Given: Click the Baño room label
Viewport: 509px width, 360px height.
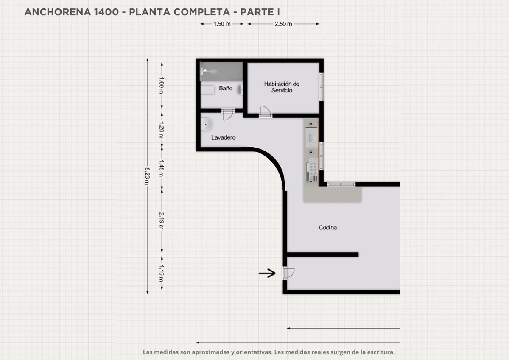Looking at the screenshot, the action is pos(226,88).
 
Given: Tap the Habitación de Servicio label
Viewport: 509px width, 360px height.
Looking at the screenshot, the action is pos(282,87).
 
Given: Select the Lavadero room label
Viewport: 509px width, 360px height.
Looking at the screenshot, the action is pos(223,137).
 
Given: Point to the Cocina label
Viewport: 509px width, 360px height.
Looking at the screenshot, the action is pos(327,227).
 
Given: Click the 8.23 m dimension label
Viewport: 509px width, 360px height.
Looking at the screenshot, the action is pos(148,176).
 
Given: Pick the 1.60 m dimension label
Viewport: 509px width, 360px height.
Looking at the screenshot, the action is pos(162,85).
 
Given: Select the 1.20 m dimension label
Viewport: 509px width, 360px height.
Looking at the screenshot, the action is pos(162,130).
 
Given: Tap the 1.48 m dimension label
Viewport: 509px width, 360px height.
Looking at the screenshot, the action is pos(162,168).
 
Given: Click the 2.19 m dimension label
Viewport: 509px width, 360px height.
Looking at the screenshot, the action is pos(162,221).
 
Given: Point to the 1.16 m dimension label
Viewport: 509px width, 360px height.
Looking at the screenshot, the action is pos(162,273).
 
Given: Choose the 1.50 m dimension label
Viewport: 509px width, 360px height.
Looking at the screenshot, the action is pos(222,24).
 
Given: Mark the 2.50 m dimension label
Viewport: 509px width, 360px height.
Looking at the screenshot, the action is pos(283,24).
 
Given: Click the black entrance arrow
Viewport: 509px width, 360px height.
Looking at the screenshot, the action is pos(267,273).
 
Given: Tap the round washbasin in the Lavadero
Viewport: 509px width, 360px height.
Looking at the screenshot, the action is pos(206,124).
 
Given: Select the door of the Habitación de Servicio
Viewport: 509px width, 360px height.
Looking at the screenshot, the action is pos(266,112).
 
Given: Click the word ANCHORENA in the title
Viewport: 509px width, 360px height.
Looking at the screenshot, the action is pos(58,12).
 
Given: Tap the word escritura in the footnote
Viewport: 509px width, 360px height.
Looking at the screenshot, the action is pos(381,352).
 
